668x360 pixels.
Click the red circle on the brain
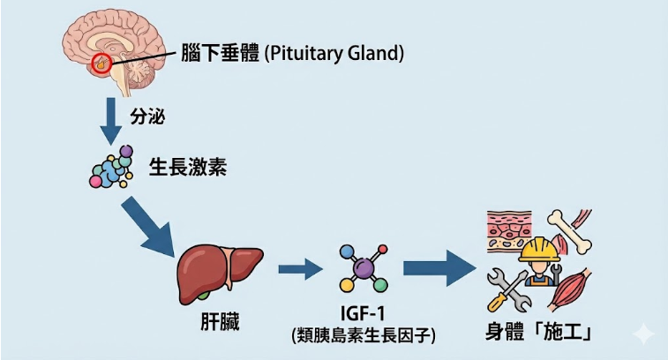102,63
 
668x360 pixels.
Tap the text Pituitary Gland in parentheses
334,53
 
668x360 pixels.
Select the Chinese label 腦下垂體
219,53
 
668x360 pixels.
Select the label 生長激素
187,167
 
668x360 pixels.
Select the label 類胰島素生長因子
363,335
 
